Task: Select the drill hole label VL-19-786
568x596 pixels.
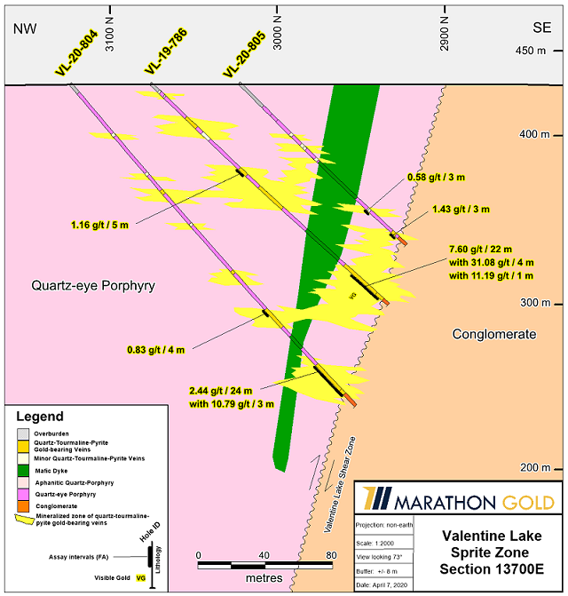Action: (162, 56)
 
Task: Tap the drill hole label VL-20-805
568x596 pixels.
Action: (242, 56)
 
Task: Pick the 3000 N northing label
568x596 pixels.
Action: (279, 36)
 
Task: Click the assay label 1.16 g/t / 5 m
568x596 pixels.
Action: (100, 226)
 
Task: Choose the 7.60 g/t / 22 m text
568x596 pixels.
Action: (480, 250)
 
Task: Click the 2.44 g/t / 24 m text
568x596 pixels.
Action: (221, 391)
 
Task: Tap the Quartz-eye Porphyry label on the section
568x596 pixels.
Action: (93, 286)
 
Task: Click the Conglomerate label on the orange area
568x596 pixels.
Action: (494, 334)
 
